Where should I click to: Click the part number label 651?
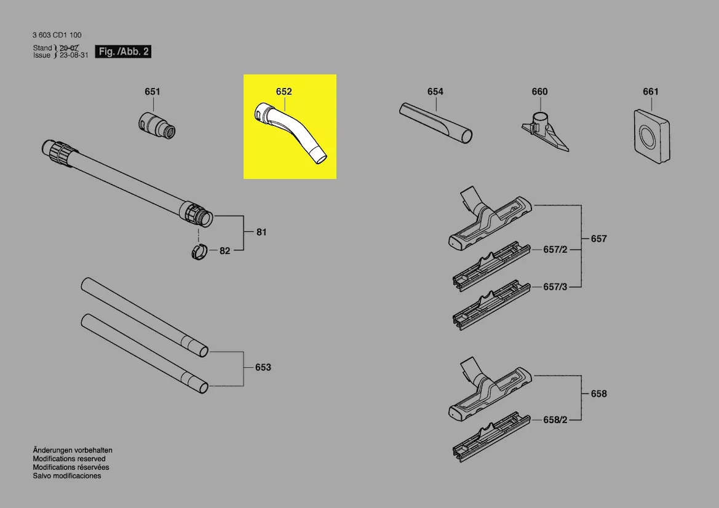(x=153, y=92)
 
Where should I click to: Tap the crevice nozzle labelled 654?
(x=435, y=123)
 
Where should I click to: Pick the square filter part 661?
(x=651, y=136)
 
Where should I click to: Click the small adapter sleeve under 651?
(x=156, y=124)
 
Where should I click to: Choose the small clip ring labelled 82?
(x=199, y=252)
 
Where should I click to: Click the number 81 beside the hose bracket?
(x=261, y=232)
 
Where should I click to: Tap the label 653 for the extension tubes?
(x=263, y=367)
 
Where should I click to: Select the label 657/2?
(x=555, y=250)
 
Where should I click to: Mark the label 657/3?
(x=555, y=287)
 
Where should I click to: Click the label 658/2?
(x=555, y=419)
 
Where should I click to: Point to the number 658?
(x=599, y=394)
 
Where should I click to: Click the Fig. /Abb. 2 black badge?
(x=123, y=51)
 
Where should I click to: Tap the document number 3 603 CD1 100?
(x=57, y=35)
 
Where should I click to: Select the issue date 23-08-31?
(x=74, y=55)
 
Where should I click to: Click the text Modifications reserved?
(x=70, y=458)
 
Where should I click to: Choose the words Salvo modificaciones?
(x=67, y=476)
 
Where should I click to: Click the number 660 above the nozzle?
(x=539, y=92)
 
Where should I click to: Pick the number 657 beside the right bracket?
(x=599, y=239)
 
